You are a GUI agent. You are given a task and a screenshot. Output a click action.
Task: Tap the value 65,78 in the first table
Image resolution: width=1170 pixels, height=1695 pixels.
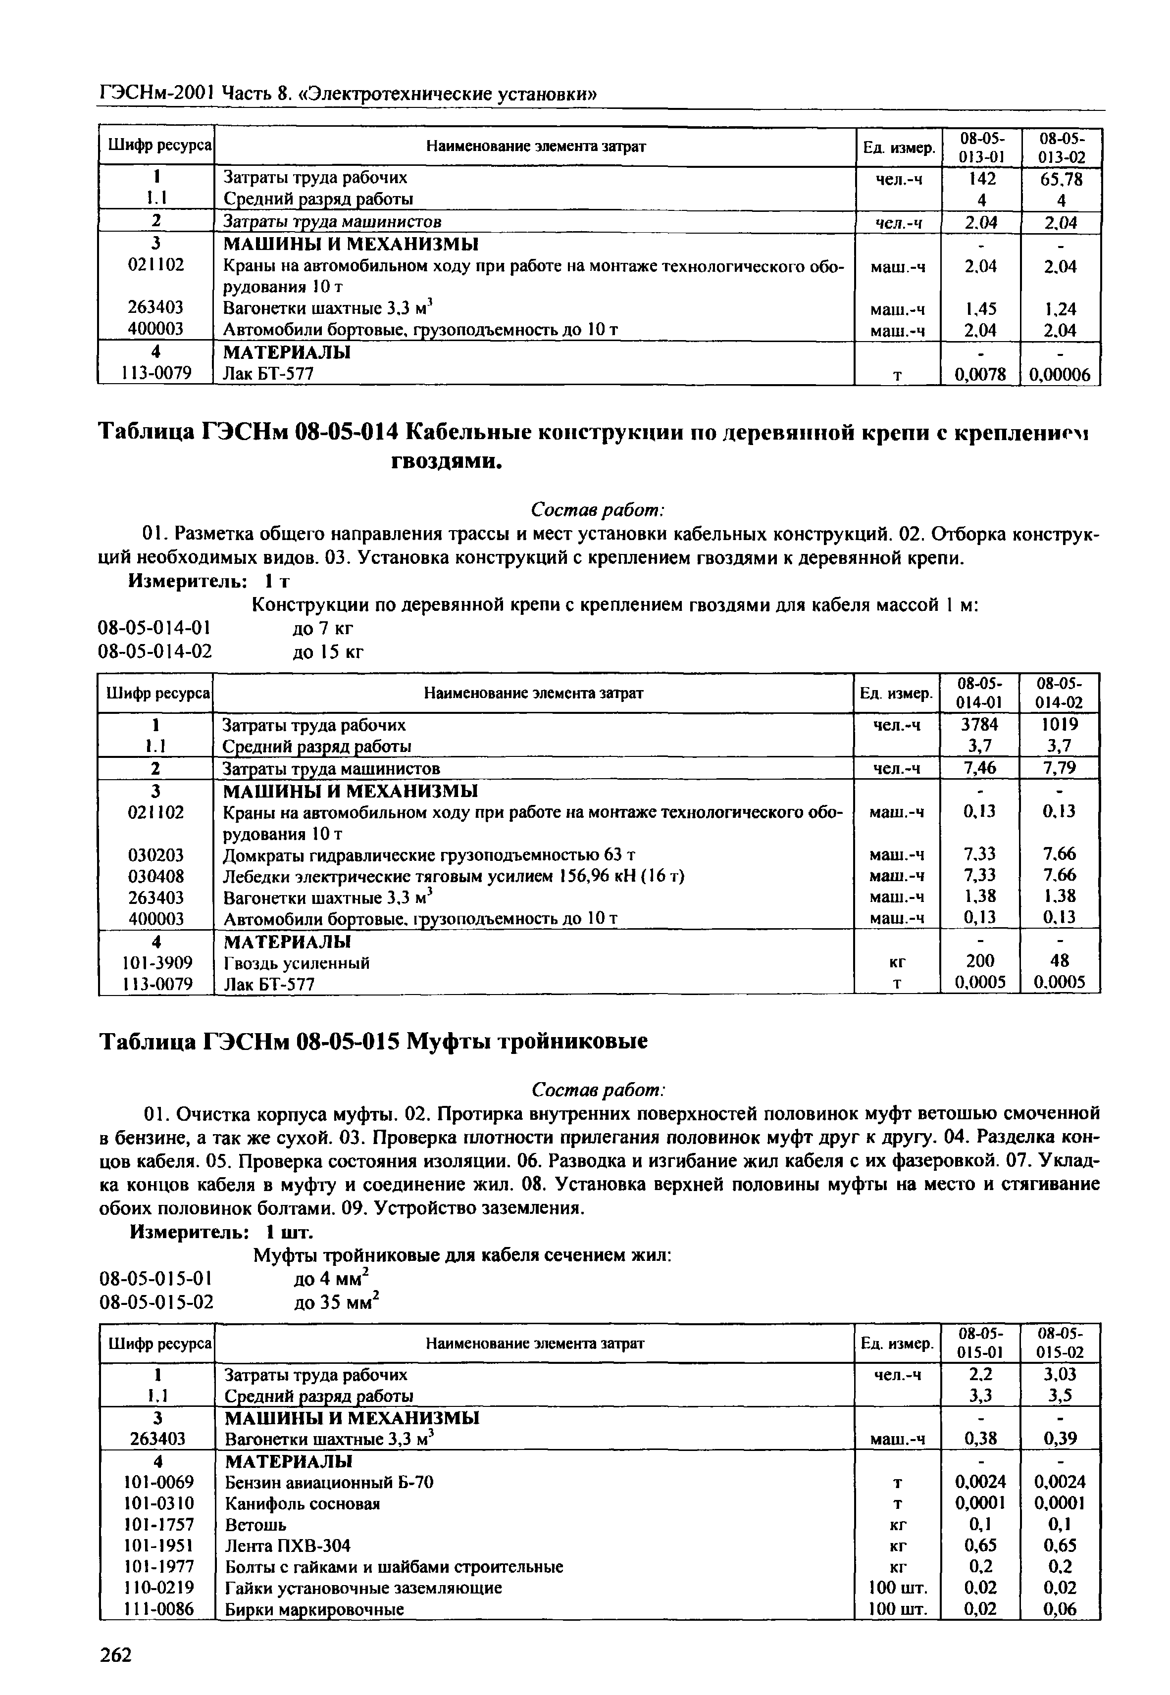pos(1061,179)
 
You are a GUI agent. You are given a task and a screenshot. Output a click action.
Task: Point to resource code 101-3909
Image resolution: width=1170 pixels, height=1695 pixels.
pos(155,962)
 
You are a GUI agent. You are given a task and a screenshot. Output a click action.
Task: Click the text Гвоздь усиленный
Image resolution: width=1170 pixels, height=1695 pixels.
pos(296,963)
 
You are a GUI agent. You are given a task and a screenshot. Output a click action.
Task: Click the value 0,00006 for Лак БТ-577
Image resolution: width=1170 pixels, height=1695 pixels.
pos(1060,375)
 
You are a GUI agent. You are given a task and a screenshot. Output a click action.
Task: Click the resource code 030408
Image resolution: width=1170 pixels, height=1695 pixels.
pos(156,876)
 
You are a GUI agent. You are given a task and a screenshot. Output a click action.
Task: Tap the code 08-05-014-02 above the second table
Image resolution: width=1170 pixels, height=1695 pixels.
pos(155,651)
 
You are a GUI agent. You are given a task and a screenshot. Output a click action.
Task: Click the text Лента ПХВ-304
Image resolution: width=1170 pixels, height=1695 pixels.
pos(287,1545)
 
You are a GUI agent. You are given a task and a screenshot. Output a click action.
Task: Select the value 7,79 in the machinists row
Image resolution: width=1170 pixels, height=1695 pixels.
pos(1060,768)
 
